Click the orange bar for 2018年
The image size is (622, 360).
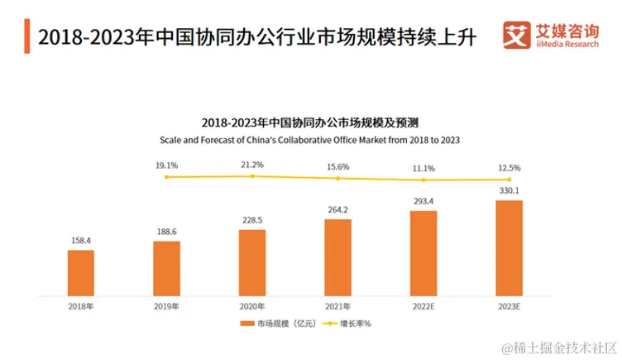click(80, 272)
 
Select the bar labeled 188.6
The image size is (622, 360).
click(166, 268)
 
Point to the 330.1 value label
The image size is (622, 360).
click(509, 191)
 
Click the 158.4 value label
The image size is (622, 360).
click(80, 241)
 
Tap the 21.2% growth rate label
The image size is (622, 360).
click(252, 164)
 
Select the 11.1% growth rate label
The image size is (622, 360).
click(423, 167)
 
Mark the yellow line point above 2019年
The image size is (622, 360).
click(166, 176)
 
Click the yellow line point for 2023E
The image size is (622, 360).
click(509, 179)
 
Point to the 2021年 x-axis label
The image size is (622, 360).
click(337, 305)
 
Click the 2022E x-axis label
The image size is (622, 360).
click(423, 305)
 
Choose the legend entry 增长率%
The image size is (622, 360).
click(347, 323)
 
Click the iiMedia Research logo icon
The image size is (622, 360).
click(518, 35)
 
